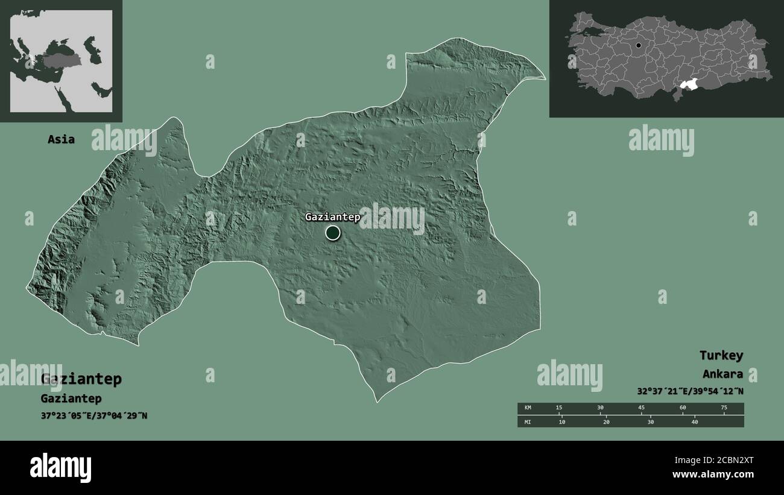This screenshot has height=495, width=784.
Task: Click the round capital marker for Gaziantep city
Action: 333,233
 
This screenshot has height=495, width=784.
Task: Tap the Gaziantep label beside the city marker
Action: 332,217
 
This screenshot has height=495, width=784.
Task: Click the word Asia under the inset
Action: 62,139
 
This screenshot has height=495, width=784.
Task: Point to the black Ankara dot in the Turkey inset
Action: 638,45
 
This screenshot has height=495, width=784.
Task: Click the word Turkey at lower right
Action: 721,355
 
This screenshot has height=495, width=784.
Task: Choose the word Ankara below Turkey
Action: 722,374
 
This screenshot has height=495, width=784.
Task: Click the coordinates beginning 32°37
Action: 690,391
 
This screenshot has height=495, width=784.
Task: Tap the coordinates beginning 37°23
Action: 93,415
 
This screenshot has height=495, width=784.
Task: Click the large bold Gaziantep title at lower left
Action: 81,379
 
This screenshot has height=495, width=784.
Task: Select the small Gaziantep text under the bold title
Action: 71,399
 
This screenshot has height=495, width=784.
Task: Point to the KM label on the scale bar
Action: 528,408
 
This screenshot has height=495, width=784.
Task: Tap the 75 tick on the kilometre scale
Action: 724,408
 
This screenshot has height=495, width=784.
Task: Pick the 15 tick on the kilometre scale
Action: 559,408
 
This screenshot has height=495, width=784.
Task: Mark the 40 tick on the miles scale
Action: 694,421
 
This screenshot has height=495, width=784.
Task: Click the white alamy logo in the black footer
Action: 61,468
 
